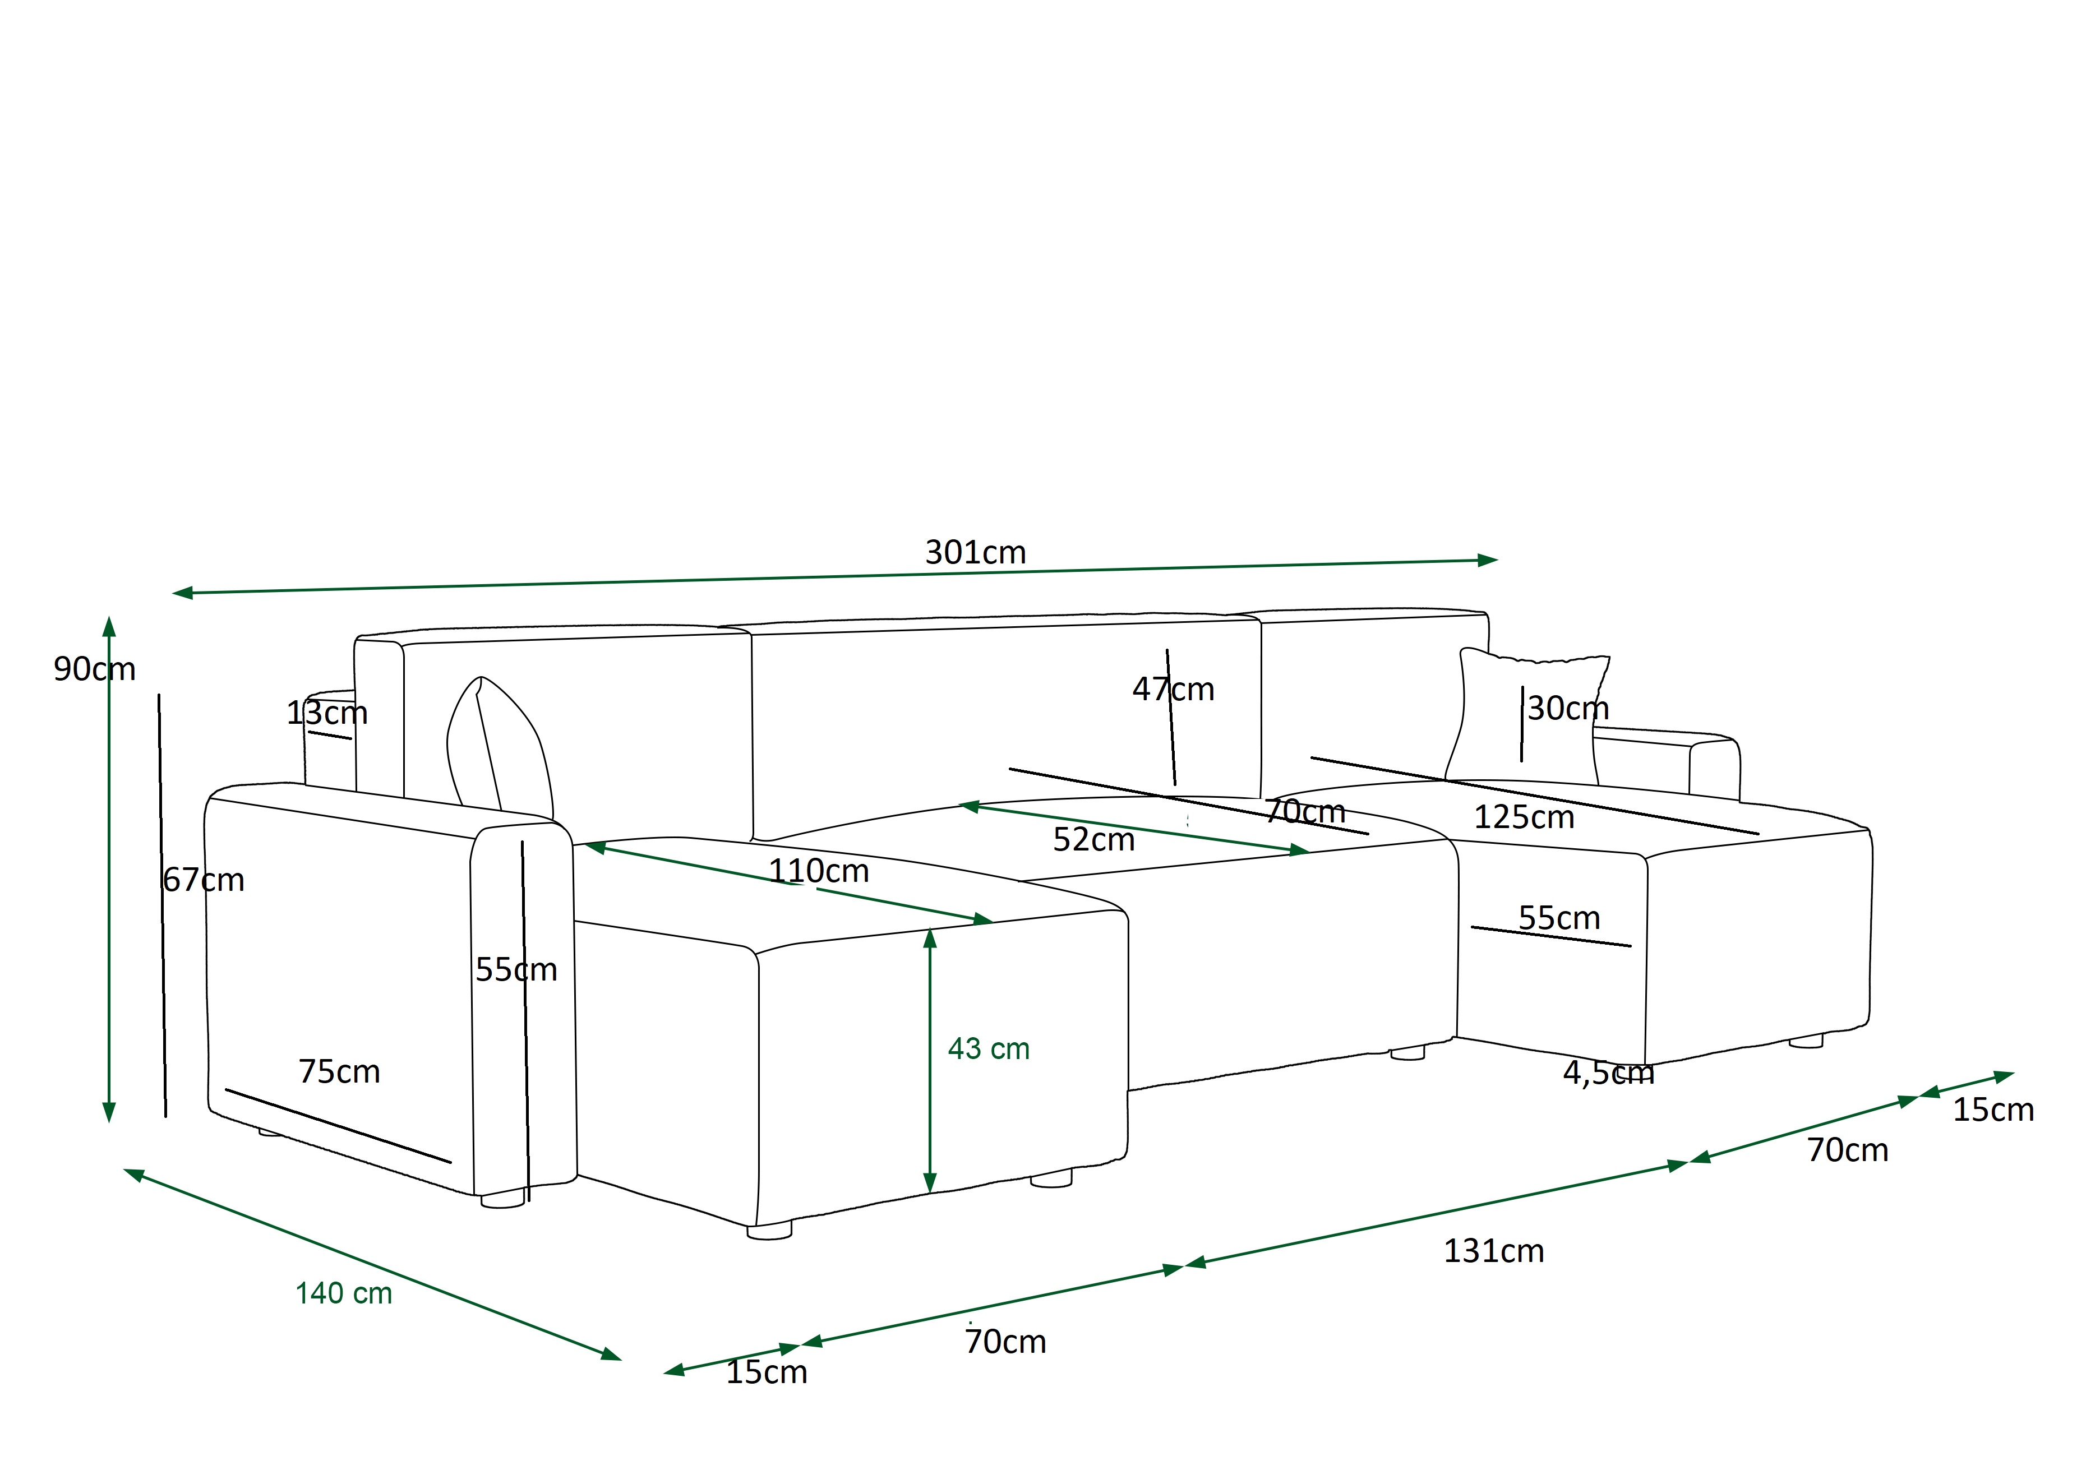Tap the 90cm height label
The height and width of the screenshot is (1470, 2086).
[95, 669]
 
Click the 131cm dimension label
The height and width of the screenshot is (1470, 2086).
[1494, 1251]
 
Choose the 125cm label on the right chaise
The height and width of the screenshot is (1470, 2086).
[1524, 817]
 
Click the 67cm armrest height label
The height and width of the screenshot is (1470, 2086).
[204, 880]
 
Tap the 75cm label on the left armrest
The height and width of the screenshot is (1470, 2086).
[339, 1071]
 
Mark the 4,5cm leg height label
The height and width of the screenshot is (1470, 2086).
[1608, 1073]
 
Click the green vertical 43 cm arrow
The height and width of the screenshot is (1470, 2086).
[929, 1060]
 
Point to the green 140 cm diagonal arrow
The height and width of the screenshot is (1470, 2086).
[372, 1265]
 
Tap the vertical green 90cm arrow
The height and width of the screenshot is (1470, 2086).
[109, 870]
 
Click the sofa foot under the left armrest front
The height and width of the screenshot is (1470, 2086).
[502, 1200]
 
